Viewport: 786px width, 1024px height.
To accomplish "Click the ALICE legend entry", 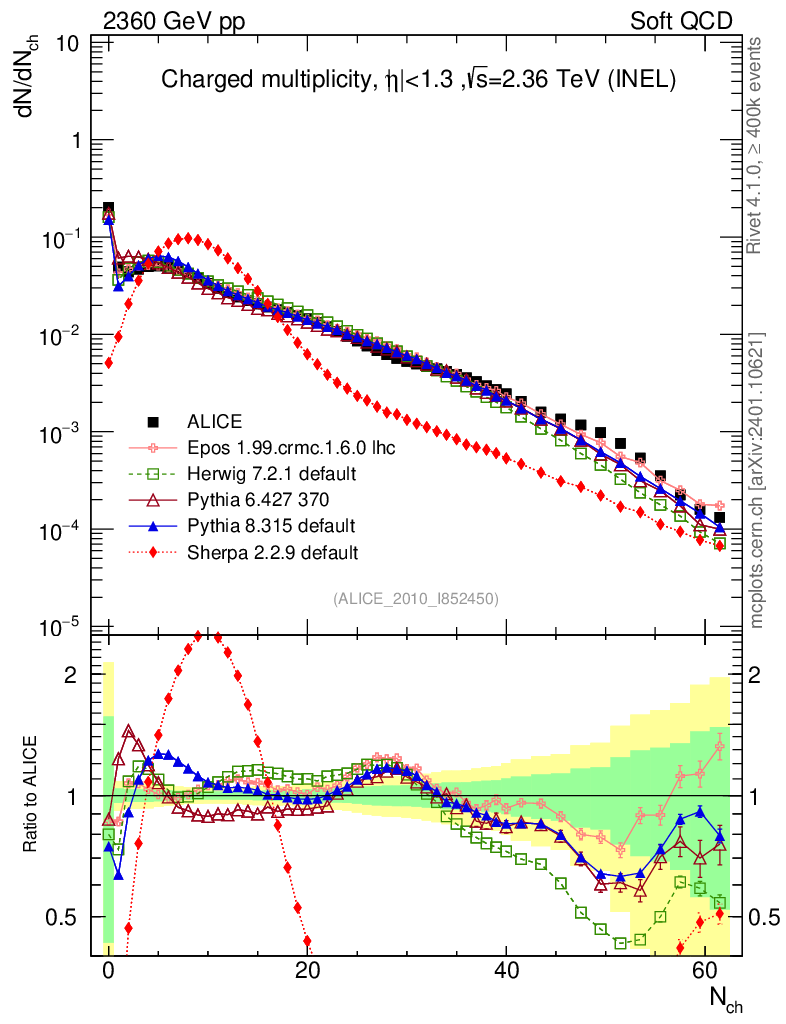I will pos(216,421).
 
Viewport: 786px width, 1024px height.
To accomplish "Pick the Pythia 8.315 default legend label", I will pos(257,525).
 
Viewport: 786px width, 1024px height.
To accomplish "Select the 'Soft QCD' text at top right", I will pos(681,21).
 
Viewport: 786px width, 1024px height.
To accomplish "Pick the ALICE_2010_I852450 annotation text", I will pos(416,598).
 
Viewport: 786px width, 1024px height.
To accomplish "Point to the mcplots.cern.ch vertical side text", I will pos(758,480).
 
